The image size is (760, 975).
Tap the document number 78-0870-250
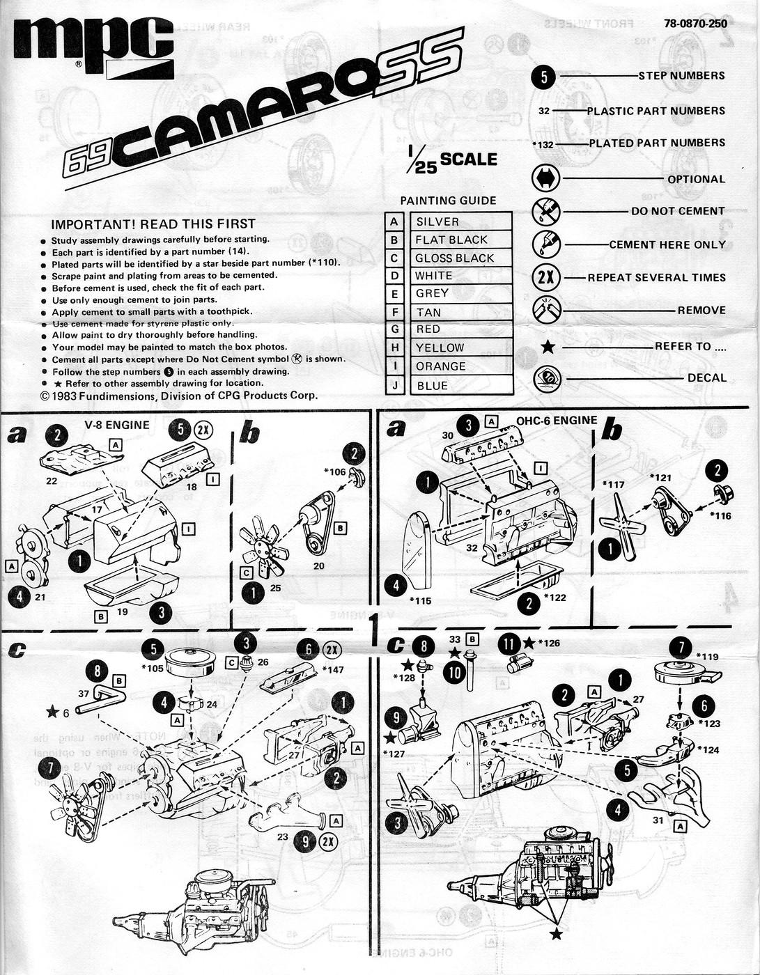[x=695, y=24]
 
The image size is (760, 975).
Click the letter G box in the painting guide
[x=394, y=329]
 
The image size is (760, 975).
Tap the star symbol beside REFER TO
[x=548, y=346]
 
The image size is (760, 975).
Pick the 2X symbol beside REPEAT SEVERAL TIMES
[x=546, y=277]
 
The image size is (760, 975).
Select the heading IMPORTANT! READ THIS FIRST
[x=153, y=224]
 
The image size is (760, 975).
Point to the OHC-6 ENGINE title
[x=557, y=421]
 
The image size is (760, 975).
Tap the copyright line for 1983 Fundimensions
[x=178, y=396]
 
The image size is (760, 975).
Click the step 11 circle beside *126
[x=509, y=644]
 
